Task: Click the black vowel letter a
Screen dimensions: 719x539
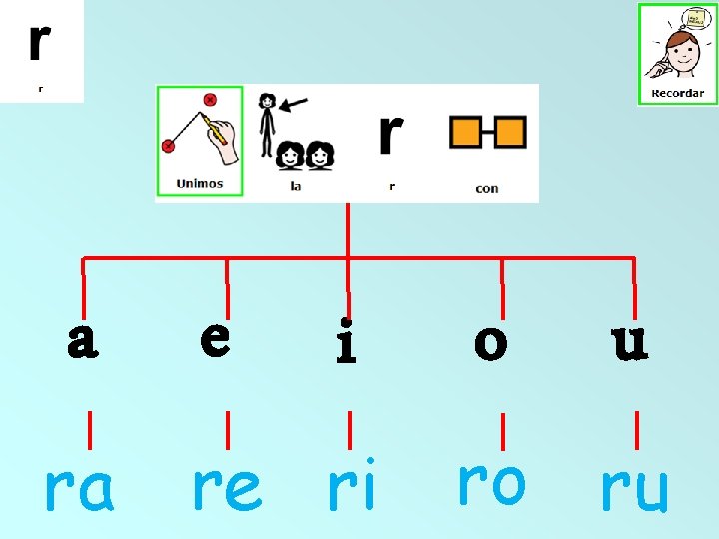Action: (x=83, y=341)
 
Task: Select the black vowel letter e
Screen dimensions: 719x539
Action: (x=216, y=338)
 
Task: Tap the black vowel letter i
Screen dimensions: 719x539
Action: (x=346, y=342)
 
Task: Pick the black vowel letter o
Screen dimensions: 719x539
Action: (x=490, y=343)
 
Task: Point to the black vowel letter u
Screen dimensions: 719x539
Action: (x=629, y=341)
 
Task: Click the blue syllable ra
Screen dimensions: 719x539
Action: (x=79, y=489)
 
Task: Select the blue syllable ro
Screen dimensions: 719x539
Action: (x=490, y=482)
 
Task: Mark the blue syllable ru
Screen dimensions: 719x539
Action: (x=633, y=489)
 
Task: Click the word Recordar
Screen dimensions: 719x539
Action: (x=677, y=94)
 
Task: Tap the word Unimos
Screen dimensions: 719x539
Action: (x=200, y=184)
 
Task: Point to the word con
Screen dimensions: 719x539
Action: (x=487, y=188)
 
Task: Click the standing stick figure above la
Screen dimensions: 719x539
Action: (x=267, y=125)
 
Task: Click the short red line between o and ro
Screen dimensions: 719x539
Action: (x=502, y=431)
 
